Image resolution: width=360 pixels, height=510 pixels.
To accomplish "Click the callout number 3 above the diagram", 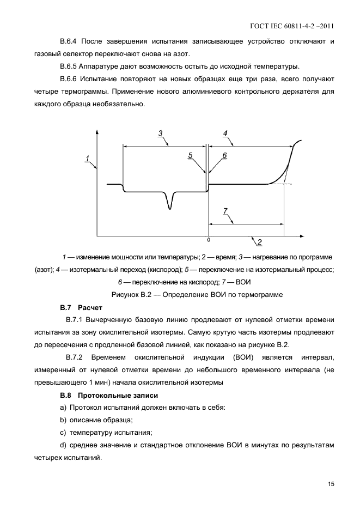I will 160,133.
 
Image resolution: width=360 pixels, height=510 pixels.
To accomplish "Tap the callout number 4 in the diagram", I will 225,133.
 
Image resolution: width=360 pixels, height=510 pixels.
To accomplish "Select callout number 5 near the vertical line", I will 191,155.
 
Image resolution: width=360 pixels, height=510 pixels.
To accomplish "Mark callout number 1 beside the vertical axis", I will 87,159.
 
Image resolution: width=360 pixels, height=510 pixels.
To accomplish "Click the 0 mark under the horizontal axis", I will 208,240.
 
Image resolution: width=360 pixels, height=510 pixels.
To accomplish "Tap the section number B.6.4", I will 70,42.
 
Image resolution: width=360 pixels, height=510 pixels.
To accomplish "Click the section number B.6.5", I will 70,67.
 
